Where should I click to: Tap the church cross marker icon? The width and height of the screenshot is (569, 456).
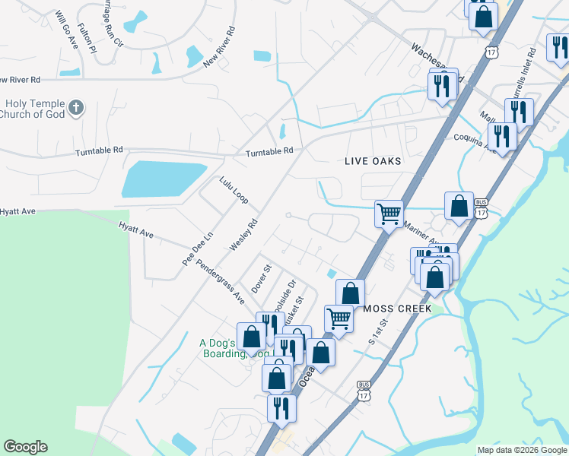(x=75, y=109)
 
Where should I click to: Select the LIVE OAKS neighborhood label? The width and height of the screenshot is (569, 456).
(x=373, y=162)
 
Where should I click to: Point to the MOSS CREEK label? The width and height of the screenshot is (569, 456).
(x=398, y=309)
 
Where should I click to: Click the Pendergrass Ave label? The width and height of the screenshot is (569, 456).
(x=220, y=280)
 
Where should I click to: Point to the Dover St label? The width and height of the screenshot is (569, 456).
(x=261, y=279)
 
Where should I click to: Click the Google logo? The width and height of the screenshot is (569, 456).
(x=25, y=447)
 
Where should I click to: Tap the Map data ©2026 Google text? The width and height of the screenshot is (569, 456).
(x=521, y=450)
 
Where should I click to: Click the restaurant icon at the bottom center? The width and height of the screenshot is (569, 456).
(x=281, y=408)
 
